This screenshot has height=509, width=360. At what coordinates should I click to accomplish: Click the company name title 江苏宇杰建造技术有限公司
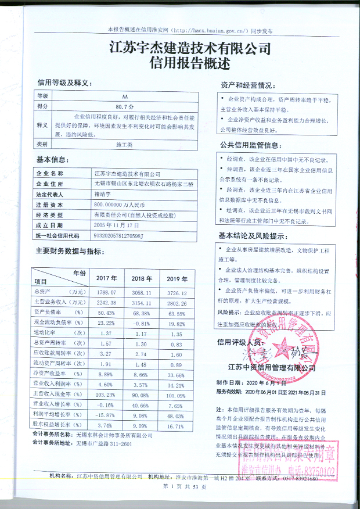(190, 47)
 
